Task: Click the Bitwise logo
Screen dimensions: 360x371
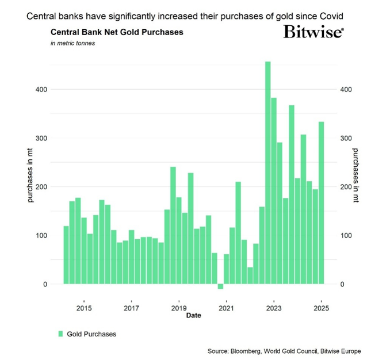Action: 313,33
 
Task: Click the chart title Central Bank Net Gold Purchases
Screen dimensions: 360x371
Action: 117,32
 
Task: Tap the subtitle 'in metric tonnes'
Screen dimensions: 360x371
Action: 73,44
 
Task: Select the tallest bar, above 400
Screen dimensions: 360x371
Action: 268,173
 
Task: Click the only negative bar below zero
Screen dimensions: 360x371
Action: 220,286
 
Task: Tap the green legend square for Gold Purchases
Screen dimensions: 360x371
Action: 60,334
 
